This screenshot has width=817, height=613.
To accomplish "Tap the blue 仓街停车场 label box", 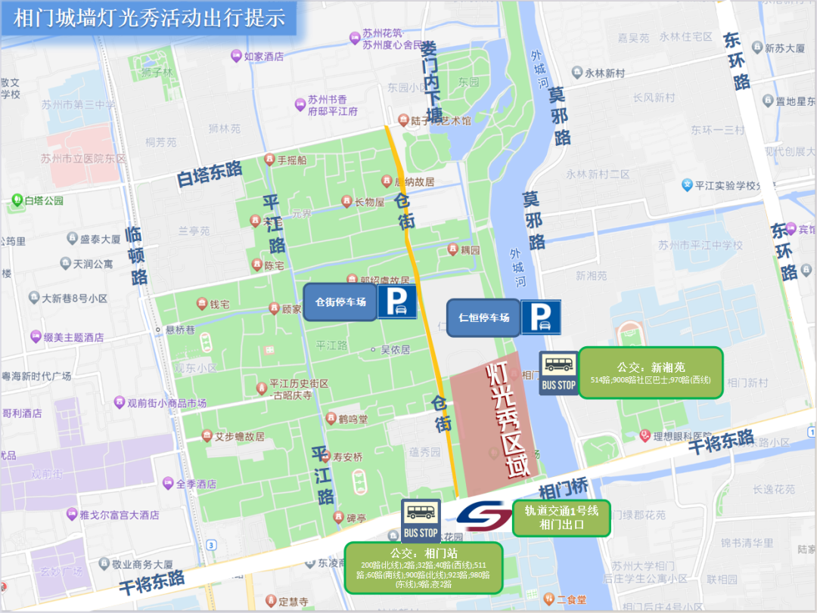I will click(x=340, y=302).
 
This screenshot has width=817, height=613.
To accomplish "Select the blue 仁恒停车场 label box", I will click(x=483, y=317).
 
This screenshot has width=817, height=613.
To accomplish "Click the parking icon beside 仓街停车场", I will click(x=397, y=302).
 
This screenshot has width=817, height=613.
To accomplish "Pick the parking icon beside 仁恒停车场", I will click(x=540, y=317).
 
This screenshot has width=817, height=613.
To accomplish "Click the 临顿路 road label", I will click(x=136, y=255).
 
